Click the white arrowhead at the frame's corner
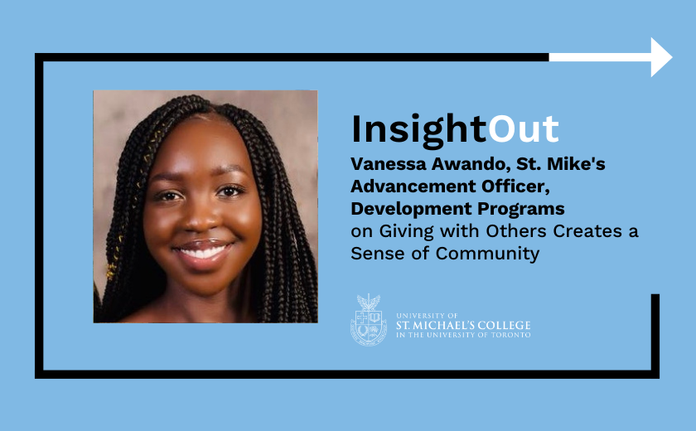pyautogui.click(x=661, y=57)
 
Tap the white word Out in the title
pyautogui.click(x=524, y=129)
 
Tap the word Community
pyautogui.click(x=487, y=254)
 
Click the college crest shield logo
pyautogui.click(x=369, y=320)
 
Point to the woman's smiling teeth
pyautogui.click(x=202, y=253)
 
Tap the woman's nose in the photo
pyautogui.click(x=199, y=217)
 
